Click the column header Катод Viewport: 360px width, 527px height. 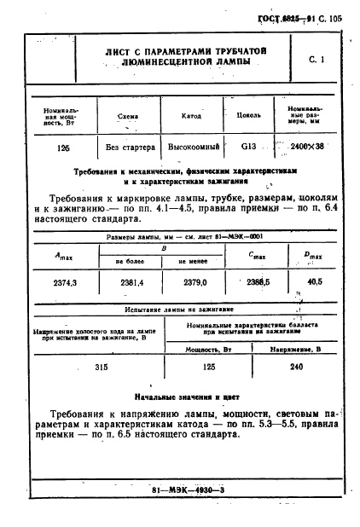(192, 116)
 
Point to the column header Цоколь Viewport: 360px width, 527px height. (249, 116)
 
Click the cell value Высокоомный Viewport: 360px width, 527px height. (192, 147)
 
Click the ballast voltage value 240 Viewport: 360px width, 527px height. (296, 367)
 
